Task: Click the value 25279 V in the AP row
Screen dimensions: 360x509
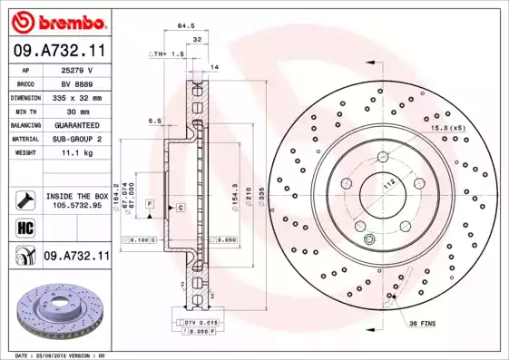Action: click(76, 69)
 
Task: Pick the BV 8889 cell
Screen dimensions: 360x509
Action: click(76, 83)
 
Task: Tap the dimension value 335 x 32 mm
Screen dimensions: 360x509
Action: click(76, 97)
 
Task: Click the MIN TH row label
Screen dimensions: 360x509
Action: click(25, 111)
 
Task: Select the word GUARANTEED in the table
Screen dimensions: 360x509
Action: click(76, 125)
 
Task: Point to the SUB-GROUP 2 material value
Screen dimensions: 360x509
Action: click(76, 139)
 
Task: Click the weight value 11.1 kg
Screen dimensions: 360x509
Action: click(76, 153)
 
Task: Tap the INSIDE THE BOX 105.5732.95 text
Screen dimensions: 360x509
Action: click(76, 200)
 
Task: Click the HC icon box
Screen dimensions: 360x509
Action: click(25, 228)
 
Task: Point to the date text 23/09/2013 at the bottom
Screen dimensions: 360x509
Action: click(64, 355)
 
